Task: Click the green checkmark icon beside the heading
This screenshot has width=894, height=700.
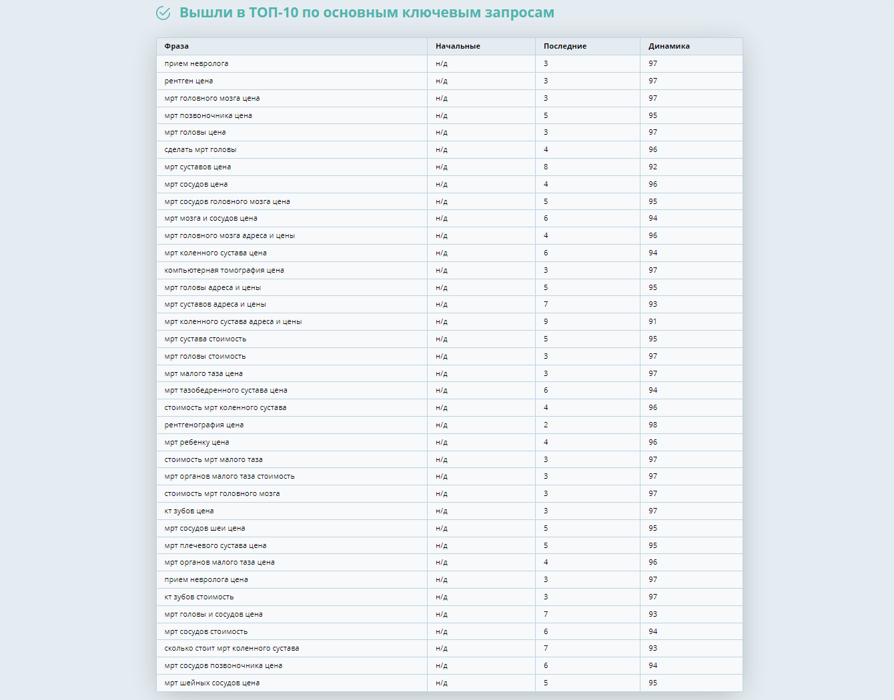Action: (163, 13)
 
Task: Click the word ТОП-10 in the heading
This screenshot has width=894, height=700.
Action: (274, 13)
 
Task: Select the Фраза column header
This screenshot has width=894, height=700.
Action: (177, 47)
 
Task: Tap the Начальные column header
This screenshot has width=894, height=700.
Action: (458, 47)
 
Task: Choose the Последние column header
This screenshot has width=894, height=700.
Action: (565, 47)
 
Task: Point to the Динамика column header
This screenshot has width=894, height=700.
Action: (669, 47)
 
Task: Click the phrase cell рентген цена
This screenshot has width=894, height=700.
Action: (189, 81)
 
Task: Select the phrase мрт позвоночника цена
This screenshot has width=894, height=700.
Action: (208, 115)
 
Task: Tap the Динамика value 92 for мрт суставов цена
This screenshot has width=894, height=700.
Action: (652, 167)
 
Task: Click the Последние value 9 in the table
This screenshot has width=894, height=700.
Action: (546, 322)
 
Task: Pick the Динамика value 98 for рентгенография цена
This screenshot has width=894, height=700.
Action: (652, 425)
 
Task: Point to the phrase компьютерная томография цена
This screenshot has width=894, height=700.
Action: (224, 271)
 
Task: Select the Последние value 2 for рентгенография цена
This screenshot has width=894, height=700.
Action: (546, 425)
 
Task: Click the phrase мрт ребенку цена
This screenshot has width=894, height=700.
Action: (197, 443)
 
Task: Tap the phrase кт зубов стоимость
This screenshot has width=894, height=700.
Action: (199, 597)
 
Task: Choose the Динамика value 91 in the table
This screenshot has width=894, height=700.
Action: (652, 322)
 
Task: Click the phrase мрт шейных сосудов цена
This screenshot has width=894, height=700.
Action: (212, 683)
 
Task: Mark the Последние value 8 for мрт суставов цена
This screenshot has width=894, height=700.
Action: (546, 167)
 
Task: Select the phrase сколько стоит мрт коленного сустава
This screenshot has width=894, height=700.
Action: (232, 649)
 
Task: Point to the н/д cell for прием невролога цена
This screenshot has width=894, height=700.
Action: (442, 580)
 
